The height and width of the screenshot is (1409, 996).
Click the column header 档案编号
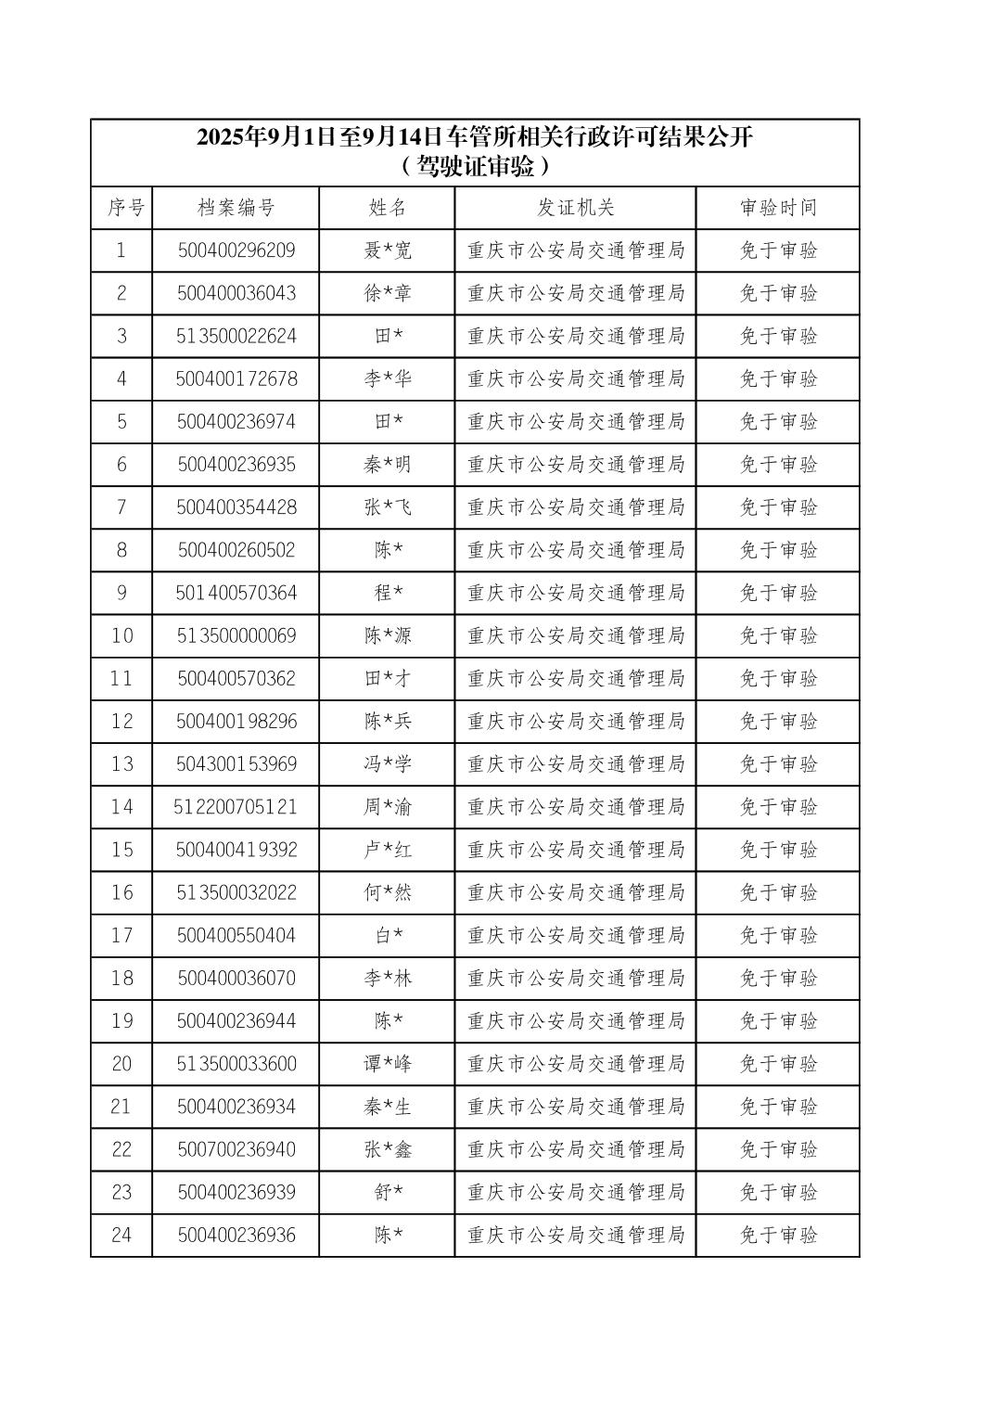(236, 208)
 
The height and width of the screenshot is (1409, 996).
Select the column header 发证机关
(575, 208)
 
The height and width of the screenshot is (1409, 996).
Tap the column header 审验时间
(778, 208)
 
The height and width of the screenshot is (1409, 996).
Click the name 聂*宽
(388, 250)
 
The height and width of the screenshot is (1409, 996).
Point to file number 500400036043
(236, 293)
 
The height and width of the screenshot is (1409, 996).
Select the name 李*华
(388, 378)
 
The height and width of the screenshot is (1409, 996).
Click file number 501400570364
(236, 593)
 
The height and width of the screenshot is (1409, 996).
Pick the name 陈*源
(388, 635)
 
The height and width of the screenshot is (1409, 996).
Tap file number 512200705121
(236, 807)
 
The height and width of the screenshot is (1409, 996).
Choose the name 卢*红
(388, 850)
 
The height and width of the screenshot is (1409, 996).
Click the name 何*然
(388, 892)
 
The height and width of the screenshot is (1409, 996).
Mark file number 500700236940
(236, 1149)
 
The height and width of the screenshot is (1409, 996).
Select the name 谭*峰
(388, 1064)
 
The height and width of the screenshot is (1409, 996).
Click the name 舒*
(388, 1192)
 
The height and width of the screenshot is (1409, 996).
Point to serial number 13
(121, 764)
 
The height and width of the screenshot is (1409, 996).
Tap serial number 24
(121, 1235)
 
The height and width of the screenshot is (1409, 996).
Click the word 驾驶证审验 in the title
(475, 167)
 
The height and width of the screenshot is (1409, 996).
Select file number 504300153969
(236, 764)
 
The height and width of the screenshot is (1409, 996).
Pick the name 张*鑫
(388, 1149)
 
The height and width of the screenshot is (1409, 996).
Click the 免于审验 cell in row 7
(778, 507)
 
